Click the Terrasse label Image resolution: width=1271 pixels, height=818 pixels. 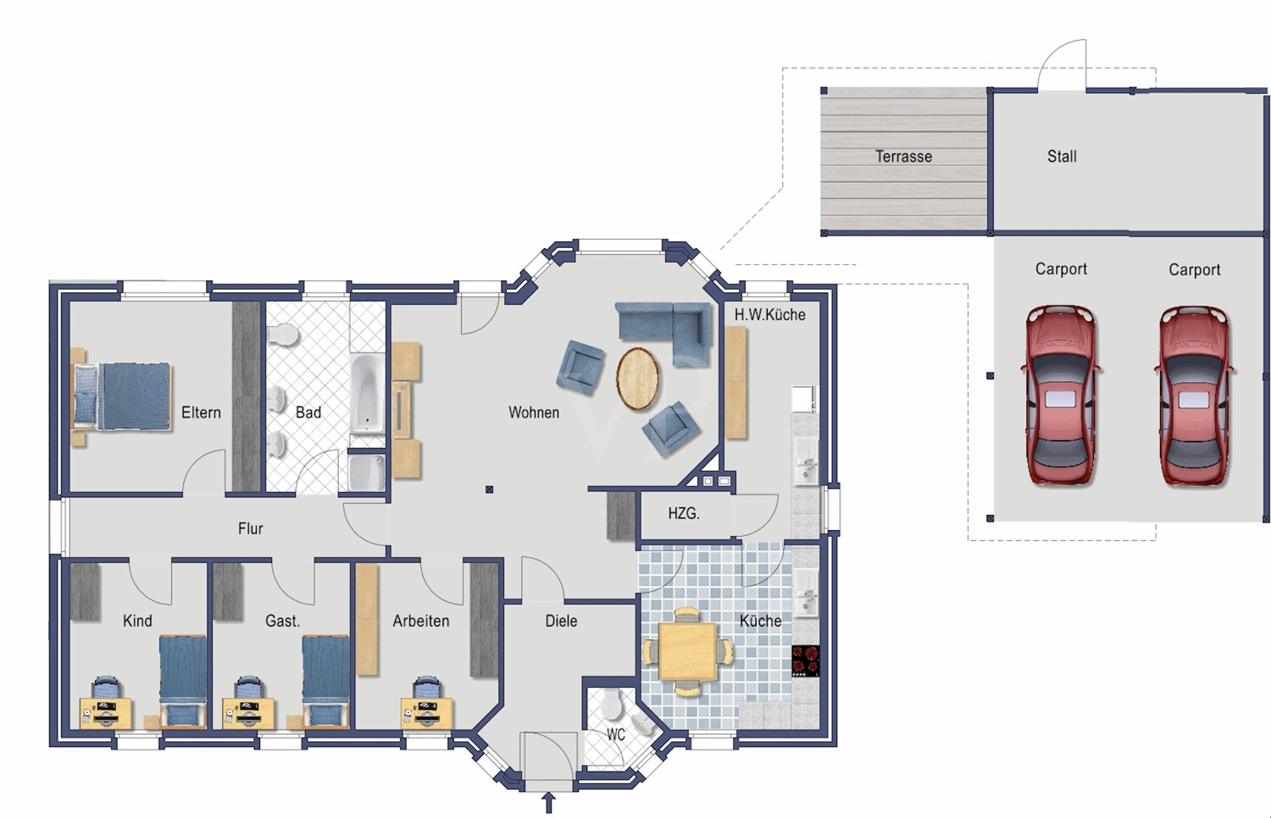pyautogui.click(x=903, y=156)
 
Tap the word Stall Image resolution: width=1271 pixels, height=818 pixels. pyautogui.click(x=1062, y=156)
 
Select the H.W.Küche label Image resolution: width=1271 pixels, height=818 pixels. pyautogui.click(x=770, y=315)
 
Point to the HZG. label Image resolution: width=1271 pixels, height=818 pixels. pyautogui.click(x=684, y=514)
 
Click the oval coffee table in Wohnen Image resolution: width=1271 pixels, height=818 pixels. pyautogui.click(x=638, y=379)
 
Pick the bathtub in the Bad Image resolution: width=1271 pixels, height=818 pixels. pyautogui.click(x=367, y=394)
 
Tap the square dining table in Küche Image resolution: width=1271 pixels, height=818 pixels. pyautogui.click(x=688, y=651)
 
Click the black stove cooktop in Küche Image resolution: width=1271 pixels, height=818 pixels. pyautogui.click(x=806, y=661)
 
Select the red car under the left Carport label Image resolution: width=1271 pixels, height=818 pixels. pyautogui.click(x=1061, y=395)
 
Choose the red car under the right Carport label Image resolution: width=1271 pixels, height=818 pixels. pyautogui.click(x=1194, y=395)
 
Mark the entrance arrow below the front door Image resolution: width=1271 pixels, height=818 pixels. pyautogui.click(x=549, y=803)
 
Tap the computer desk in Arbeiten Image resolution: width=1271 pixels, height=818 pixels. pyautogui.click(x=427, y=712)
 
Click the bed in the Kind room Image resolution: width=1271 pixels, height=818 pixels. pyautogui.click(x=183, y=681)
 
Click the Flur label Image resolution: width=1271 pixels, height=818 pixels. pyautogui.click(x=250, y=529)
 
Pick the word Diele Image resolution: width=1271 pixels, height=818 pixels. pyautogui.click(x=561, y=622)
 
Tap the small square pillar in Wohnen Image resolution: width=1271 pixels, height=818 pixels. pyautogui.click(x=489, y=489)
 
